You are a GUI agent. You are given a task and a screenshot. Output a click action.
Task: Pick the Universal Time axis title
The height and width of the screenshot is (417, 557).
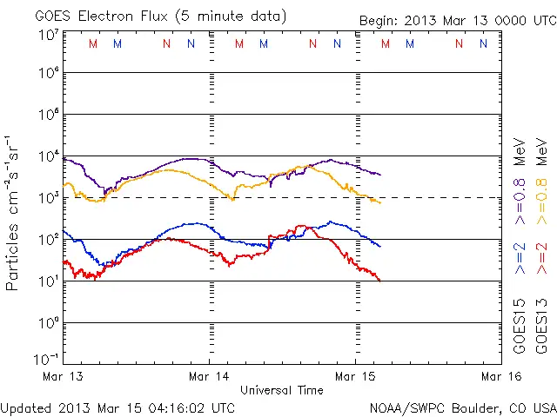(x=281, y=390)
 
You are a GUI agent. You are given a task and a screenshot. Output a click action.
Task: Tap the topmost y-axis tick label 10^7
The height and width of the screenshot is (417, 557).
(x=47, y=36)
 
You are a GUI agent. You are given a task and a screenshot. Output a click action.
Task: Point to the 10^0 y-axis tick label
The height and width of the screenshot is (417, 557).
(x=47, y=322)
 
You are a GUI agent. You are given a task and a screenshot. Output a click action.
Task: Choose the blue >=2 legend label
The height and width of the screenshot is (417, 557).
(x=519, y=260)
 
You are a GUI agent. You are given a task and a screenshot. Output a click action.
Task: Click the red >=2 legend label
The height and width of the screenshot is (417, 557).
(x=541, y=260)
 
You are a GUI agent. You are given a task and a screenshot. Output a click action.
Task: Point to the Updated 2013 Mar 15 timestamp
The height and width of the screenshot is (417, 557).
(x=117, y=407)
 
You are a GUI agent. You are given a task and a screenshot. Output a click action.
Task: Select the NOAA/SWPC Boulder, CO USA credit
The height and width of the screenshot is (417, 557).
(x=462, y=407)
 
